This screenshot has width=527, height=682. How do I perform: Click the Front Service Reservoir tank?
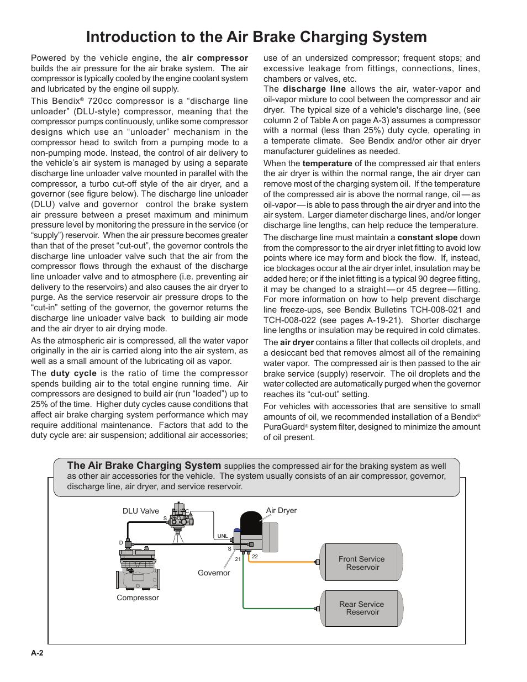[361, 562]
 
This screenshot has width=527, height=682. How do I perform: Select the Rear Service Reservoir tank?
[362, 608]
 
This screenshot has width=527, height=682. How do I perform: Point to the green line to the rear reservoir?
[276, 608]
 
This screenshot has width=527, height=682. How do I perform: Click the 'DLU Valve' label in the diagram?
[140, 511]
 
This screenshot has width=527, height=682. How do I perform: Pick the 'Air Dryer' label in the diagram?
[281, 510]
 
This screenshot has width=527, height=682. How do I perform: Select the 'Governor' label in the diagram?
[214, 573]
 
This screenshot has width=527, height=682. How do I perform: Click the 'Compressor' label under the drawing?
[138, 598]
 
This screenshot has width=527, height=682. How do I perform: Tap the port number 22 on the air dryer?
[255, 557]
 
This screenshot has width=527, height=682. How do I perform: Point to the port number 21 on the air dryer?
[238, 559]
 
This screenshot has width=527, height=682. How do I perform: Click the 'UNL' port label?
[223, 536]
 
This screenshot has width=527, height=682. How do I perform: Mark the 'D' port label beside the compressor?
[121, 543]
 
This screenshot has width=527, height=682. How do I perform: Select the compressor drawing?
[138, 569]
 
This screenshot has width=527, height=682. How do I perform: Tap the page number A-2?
[37, 653]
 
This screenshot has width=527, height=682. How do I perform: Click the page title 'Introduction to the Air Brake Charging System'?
[256, 37]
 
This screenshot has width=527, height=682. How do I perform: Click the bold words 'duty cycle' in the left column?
[73, 373]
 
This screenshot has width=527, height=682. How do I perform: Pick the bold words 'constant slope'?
[427, 237]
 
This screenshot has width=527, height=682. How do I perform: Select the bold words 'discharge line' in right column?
[314, 89]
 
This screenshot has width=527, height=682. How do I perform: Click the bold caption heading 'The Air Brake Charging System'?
[144, 466]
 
